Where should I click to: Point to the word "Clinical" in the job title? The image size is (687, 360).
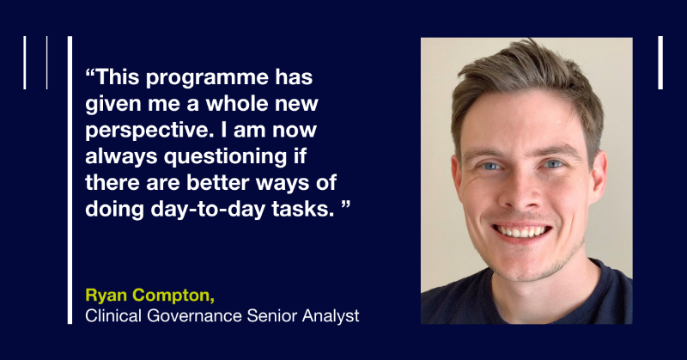click(x=114, y=316)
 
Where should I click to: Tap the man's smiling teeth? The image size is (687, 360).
click(x=522, y=230)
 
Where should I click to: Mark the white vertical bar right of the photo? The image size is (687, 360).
click(x=660, y=63)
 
